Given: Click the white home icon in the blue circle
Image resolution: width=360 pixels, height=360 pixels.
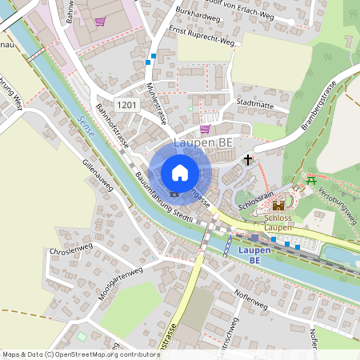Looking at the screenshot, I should pos(179,172).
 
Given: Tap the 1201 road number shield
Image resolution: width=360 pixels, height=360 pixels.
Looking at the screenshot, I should pos(126,106).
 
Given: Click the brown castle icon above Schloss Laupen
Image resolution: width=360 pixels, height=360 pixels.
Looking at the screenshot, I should pos(278,205).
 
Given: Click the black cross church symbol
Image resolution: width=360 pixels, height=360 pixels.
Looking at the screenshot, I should pos(248,159).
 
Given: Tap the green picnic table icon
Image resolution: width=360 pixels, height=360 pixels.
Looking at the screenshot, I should pos(310,181).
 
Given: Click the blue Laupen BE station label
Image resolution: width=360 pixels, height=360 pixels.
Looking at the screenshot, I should pos(254,255).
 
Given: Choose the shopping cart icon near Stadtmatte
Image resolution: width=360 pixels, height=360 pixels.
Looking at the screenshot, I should pos(205,128).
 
